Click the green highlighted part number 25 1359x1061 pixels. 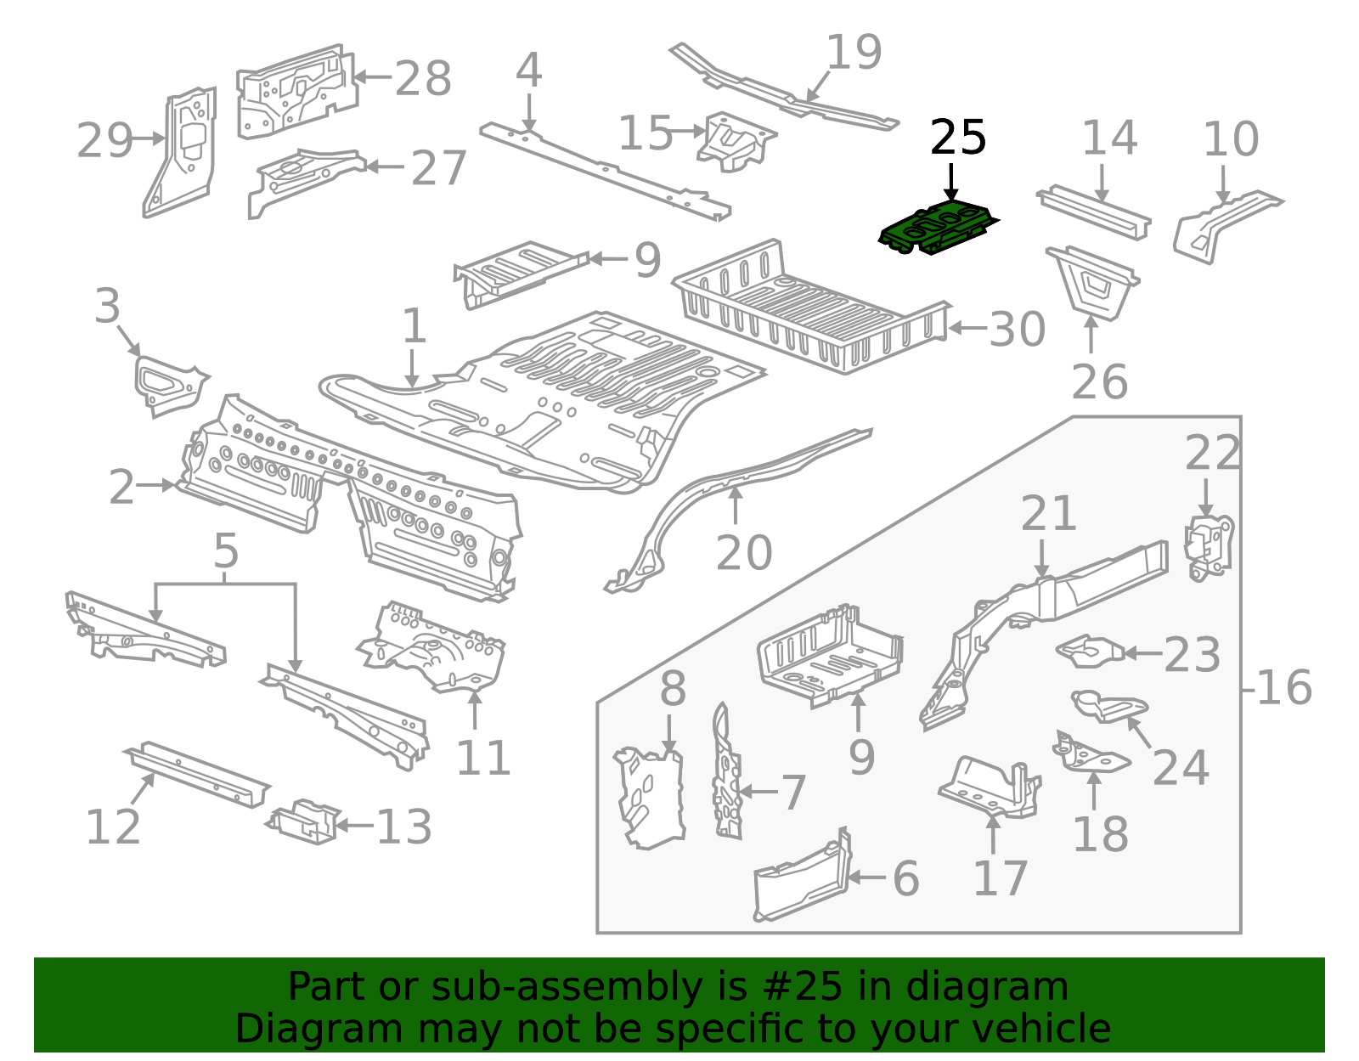click(x=938, y=227)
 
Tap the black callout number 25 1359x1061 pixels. click(x=958, y=138)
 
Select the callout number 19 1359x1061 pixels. click(x=854, y=53)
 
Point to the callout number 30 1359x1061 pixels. click(x=1017, y=330)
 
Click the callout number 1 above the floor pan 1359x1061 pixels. click(x=414, y=326)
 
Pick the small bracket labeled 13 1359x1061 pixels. click(x=304, y=821)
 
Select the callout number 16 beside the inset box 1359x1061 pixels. click(x=1283, y=687)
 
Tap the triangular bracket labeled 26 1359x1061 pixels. click(x=1093, y=282)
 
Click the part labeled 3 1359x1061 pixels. click(x=168, y=384)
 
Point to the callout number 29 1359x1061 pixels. click(x=104, y=141)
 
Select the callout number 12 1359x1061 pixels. click(x=113, y=827)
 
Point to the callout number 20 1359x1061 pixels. click(x=744, y=553)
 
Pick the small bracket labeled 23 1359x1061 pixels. click(x=1091, y=651)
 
